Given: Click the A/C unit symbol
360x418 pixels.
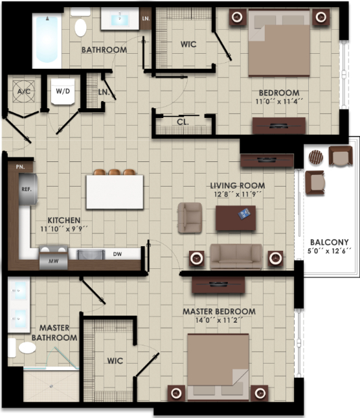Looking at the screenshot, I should (x=25, y=92).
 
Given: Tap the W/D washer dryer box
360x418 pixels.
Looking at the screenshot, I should (x=63, y=91).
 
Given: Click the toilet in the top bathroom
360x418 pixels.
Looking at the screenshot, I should (x=81, y=27).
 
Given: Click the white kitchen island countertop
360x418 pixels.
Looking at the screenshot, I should (x=115, y=192).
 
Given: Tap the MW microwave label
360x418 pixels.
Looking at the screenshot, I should (x=51, y=262).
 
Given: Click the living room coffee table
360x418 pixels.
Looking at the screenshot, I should (x=235, y=218).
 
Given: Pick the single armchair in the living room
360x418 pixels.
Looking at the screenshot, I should (x=190, y=217).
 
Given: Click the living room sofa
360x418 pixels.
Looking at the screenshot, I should (x=236, y=257).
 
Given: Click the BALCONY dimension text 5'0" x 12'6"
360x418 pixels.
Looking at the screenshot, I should (x=330, y=252).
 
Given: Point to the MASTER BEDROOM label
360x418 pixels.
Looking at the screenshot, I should (x=218, y=312).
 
